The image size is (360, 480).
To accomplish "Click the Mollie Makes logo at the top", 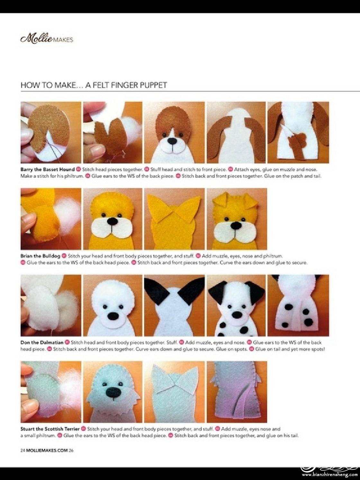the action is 47,40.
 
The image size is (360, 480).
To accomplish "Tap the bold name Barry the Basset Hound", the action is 48,169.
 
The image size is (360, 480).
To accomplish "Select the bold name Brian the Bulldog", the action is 40,256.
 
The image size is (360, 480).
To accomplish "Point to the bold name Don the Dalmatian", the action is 42,342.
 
